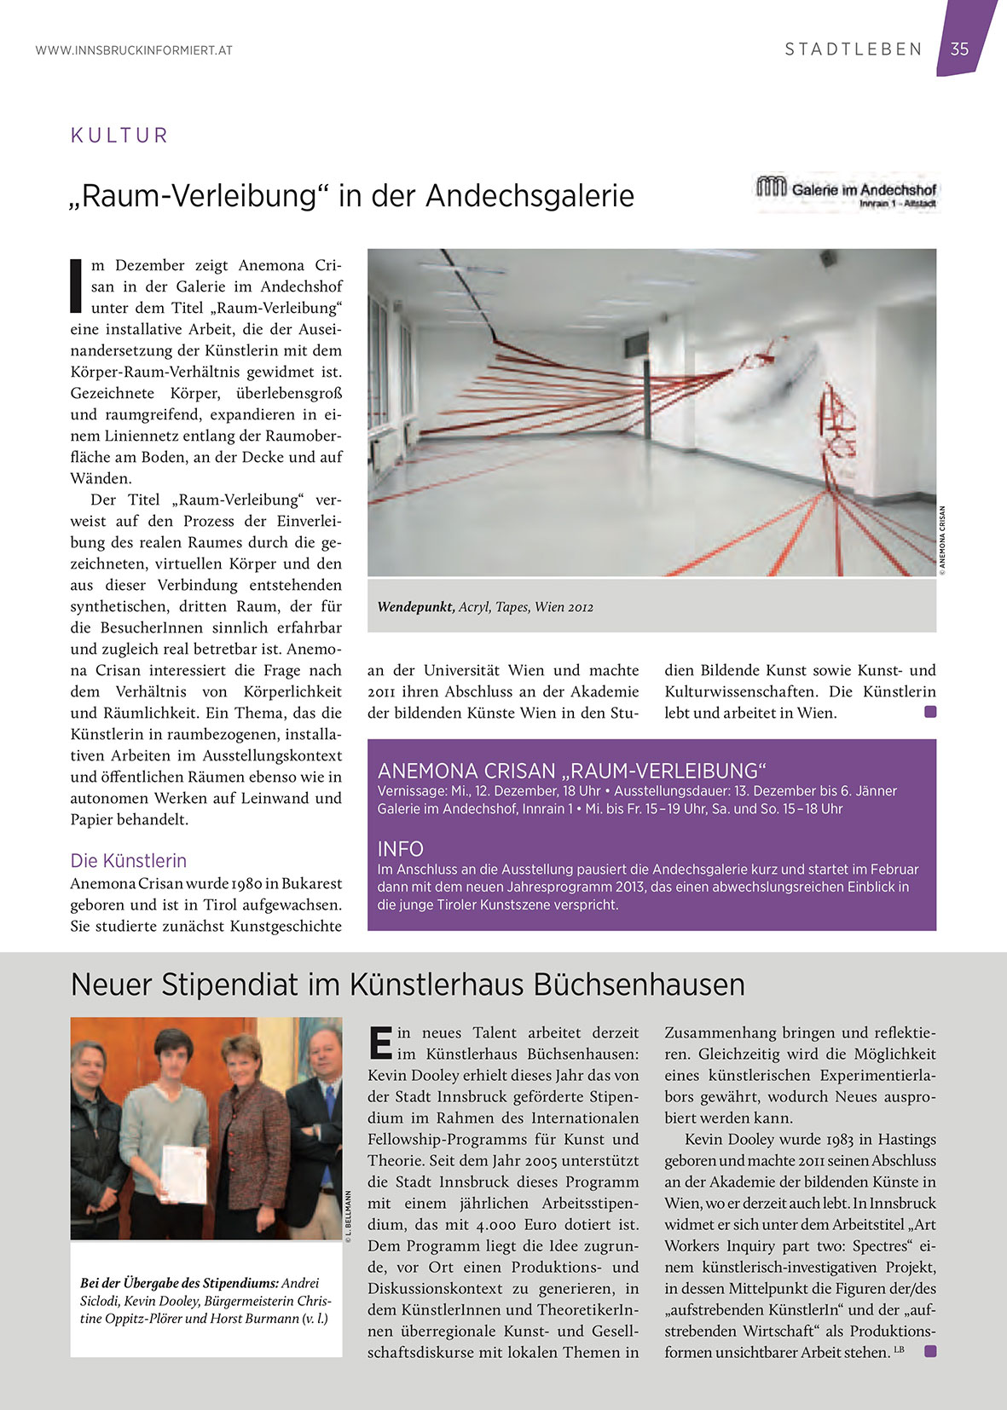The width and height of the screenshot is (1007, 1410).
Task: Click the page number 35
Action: (960, 49)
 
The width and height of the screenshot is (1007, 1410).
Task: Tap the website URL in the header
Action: (134, 50)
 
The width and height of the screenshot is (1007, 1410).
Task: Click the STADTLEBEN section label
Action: (854, 49)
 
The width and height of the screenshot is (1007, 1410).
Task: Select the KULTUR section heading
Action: (119, 136)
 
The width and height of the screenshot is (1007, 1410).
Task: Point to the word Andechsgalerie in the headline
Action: (530, 196)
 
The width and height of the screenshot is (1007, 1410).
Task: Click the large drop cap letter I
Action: (77, 286)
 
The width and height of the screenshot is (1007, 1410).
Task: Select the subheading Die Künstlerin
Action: (129, 860)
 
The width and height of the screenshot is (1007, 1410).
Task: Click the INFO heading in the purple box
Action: (401, 849)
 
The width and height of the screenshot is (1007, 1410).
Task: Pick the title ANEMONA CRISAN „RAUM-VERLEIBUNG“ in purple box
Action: (572, 771)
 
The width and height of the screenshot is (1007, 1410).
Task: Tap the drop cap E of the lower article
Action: (380, 1042)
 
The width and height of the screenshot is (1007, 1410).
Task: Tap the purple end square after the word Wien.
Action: (930, 712)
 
